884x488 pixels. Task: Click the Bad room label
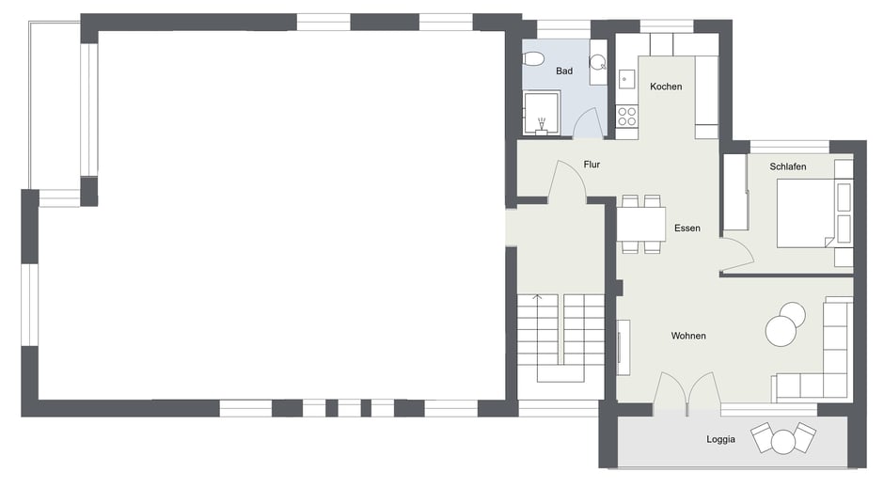563,71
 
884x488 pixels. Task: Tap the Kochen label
666,87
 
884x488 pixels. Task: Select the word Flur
592,165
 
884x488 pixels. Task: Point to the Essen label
687,228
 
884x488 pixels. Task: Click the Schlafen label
787,166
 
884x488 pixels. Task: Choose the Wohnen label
688,336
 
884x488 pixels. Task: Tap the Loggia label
720,439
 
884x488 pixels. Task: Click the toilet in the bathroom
533,58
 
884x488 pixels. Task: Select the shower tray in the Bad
542,113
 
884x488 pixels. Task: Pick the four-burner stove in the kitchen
626,116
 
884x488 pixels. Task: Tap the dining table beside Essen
641,225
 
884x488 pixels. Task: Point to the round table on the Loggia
783,442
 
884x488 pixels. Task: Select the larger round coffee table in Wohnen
781,331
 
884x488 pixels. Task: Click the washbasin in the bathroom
597,61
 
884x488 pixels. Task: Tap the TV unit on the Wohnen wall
623,347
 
